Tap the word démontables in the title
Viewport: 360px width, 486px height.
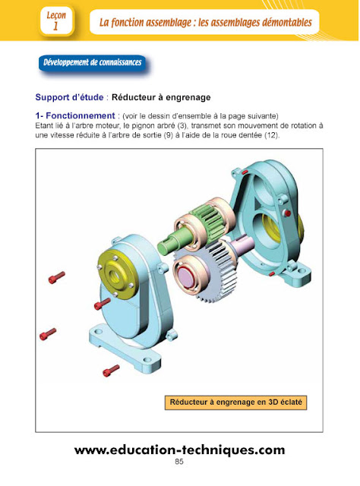pyautogui.click(x=276, y=22)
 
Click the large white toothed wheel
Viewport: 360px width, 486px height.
pyautogui.click(x=205, y=285)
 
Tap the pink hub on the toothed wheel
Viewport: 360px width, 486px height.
pyautogui.click(x=188, y=273)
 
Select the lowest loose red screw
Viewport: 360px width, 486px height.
pyautogui.click(x=111, y=370)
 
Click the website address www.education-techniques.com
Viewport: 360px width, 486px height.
pyautogui.click(x=179, y=450)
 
